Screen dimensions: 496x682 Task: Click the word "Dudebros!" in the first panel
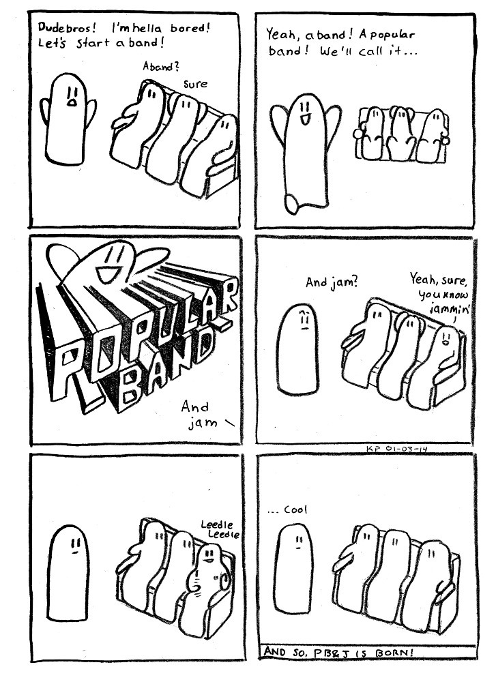click(67, 27)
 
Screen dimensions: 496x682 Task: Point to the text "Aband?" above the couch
click(161, 67)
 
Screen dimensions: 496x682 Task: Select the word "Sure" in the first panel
click(195, 84)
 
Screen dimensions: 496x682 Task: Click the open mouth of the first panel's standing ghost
click(72, 103)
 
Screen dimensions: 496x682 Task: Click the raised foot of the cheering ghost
click(291, 203)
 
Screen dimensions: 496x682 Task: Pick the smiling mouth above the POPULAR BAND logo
click(108, 273)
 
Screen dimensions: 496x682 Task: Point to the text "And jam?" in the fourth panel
click(331, 283)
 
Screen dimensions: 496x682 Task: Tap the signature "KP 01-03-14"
click(396, 449)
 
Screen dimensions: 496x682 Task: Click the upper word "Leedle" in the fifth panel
click(216, 524)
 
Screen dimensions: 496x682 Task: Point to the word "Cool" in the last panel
click(295, 509)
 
